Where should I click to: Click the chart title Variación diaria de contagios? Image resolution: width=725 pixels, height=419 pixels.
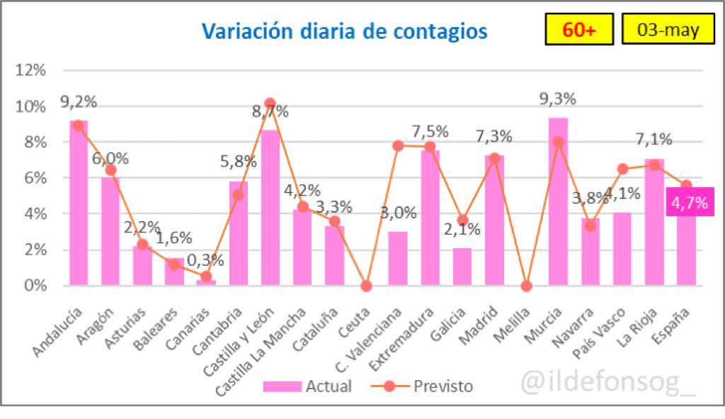[344, 32]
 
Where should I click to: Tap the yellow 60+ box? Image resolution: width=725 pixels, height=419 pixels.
[578, 30]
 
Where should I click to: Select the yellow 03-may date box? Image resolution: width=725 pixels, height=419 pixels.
[668, 30]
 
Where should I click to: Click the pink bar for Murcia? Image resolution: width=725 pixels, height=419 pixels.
[558, 202]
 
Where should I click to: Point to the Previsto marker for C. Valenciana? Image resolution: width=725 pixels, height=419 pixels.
[398, 145]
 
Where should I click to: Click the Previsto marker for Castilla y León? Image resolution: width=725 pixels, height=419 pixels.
[270, 104]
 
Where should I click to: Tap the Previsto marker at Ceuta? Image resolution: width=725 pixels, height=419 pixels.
[366, 286]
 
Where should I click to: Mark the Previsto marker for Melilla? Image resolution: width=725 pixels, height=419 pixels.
[526, 286]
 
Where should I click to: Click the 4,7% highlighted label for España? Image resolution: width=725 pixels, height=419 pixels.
[688, 203]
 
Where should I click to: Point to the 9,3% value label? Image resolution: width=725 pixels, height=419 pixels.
[557, 99]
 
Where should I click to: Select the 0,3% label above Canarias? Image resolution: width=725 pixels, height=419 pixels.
[206, 260]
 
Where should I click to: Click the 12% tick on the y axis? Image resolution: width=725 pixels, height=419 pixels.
[30, 70]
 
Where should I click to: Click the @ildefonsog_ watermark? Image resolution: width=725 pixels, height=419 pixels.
[608, 383]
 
